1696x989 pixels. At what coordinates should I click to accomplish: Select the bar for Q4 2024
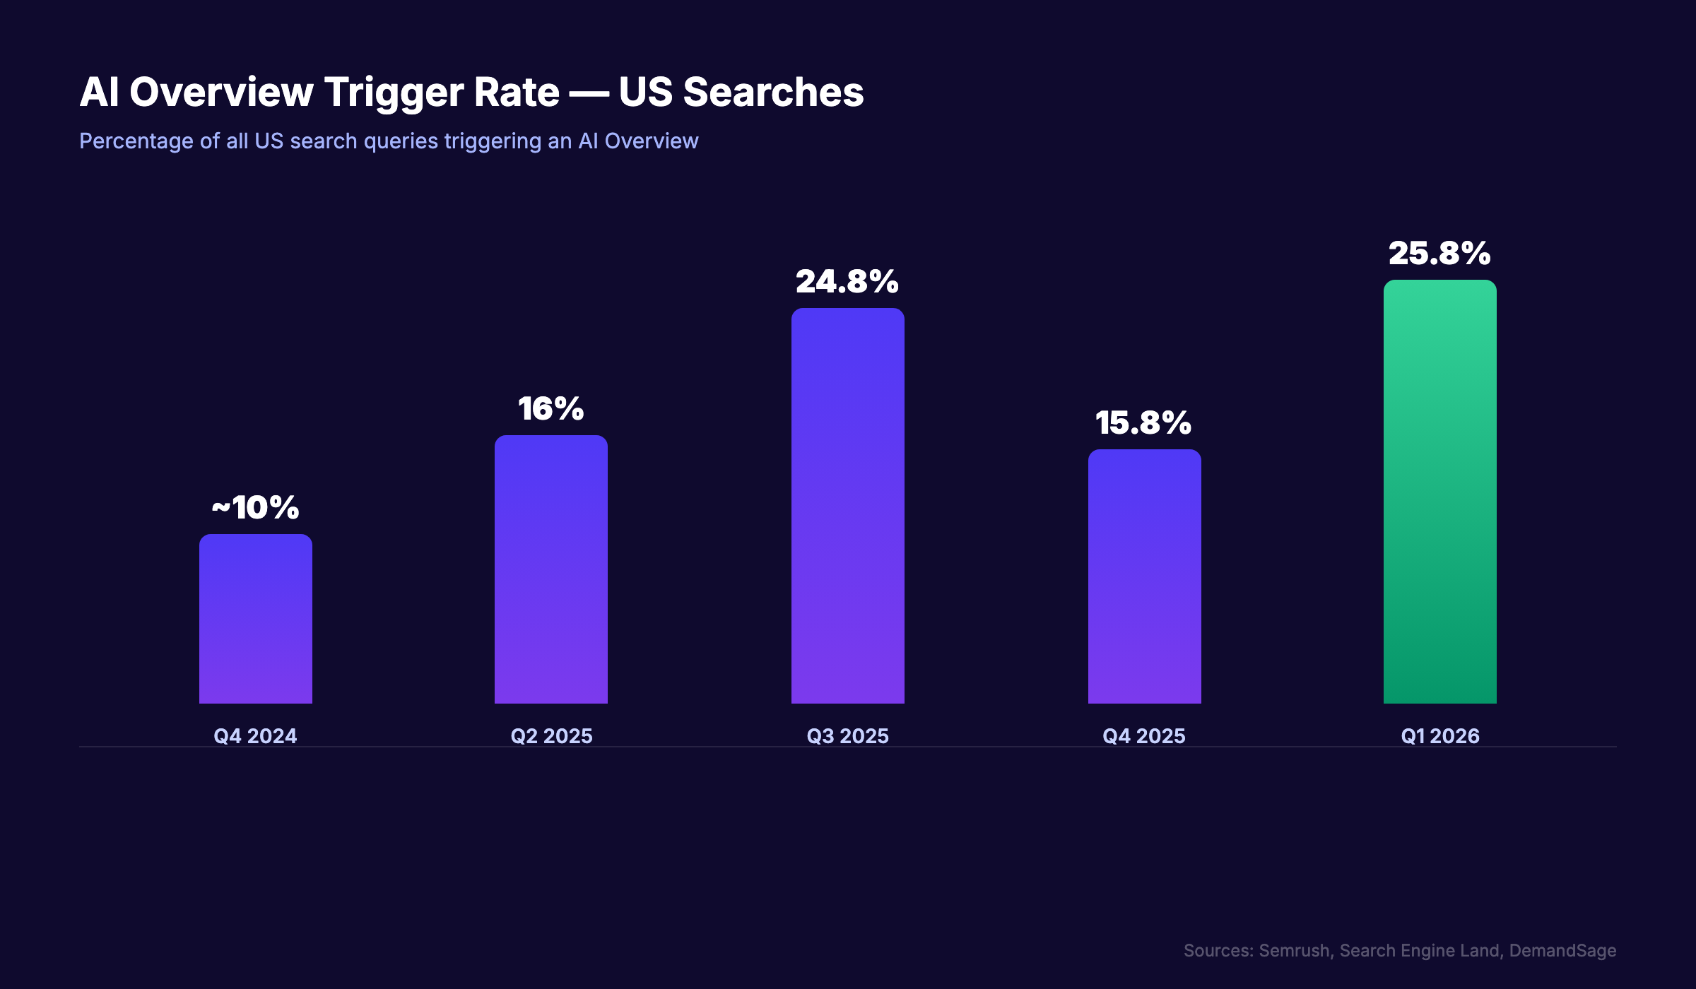coord(255,619)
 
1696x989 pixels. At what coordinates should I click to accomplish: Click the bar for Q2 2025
coord(550,569)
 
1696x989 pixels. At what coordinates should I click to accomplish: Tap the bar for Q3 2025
coord(847,506)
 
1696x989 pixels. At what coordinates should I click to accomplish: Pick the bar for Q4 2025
coord(1144,576)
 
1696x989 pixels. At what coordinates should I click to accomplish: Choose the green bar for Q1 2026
coord(1439,492)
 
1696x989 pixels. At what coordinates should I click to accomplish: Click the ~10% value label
coord(255,507)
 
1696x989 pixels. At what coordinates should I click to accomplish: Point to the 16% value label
coord(550,408)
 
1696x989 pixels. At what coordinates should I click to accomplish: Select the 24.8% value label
coord(847,281)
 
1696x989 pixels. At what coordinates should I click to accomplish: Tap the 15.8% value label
coord(1143,422)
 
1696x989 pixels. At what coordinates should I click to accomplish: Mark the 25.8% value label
coord(1439,253)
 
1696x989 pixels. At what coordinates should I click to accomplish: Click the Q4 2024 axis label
coord(255,736)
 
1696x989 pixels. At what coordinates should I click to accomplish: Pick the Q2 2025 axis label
coord(551,736)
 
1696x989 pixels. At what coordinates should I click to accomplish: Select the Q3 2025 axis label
coord(847,736)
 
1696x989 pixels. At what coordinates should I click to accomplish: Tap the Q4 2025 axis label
coord(1143,736)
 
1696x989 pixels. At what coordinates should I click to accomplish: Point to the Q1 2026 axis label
coord(1439,736)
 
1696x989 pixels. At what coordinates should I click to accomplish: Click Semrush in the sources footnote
coord(1295,951)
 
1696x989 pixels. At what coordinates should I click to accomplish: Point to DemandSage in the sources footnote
coord(1562,951)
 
